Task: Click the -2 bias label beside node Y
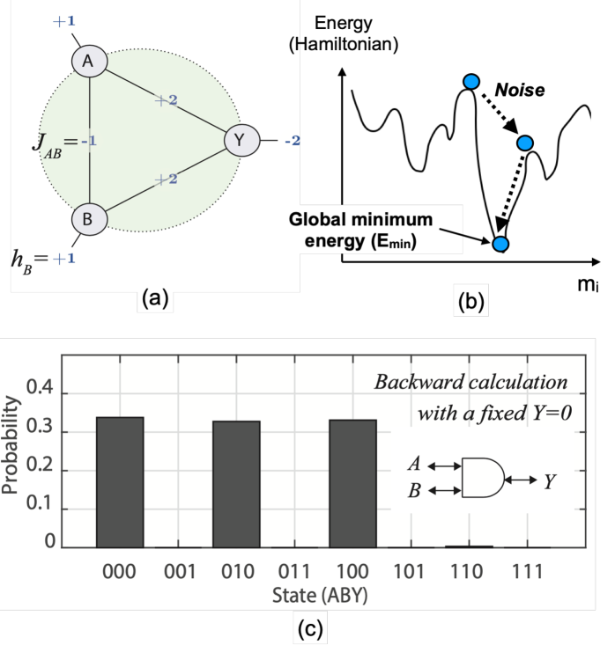coord(291,140)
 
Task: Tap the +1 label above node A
coord(63,19)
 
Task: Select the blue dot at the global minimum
coord(500,243)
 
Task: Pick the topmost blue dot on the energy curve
coord(471,82)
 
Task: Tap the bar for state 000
coord(120,481)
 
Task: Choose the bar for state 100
coord(353,483)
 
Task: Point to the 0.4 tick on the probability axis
coord(41,388)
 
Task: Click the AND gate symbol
coord(482,478)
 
